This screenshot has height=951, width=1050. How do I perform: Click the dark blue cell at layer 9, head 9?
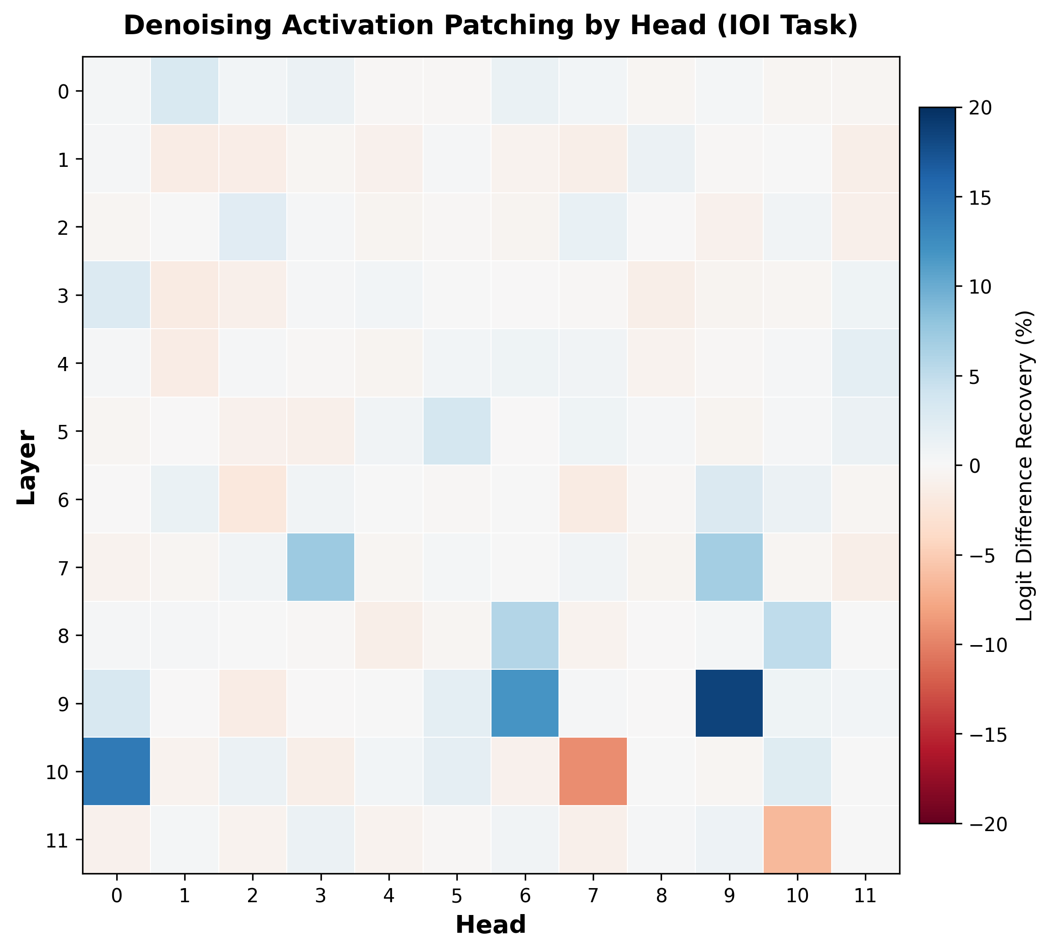click(729, 703)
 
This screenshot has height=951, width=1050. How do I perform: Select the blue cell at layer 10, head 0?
click(117, 771)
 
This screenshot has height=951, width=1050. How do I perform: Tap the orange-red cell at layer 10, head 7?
click(593, 771)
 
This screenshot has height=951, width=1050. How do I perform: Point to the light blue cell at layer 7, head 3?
click(321, 567)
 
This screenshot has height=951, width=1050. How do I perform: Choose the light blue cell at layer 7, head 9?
click(729, 567)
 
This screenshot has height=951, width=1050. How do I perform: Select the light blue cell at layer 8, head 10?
click(797, 635)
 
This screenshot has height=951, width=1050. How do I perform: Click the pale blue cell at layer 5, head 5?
click(457, 431)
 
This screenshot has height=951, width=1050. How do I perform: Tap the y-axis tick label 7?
click(62, 567)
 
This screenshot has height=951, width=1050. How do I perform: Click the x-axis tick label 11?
click(865, 896)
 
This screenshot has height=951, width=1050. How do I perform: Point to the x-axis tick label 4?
click(388, 896)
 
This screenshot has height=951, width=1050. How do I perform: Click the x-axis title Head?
click(491, 925)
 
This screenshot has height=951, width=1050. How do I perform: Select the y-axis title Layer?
click(26, 467)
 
